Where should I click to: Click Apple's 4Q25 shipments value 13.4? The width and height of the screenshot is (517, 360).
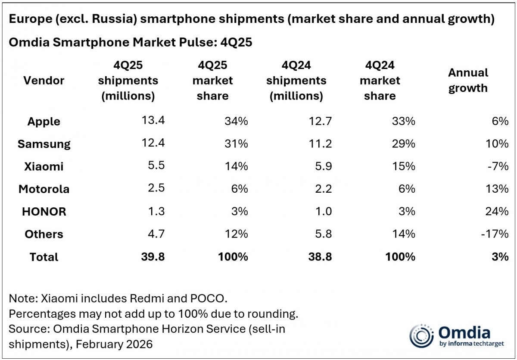coord(153,121)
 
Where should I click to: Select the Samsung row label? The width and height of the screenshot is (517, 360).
coord(44,144)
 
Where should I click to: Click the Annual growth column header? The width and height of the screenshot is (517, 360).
coord(468,80)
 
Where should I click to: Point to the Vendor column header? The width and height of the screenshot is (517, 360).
coord(44,80)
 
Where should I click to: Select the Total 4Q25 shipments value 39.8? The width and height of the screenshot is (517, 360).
coord(153,257)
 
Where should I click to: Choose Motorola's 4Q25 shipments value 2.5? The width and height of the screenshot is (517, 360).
coord(156,189)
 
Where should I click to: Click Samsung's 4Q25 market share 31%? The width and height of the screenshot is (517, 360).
coord(236,144)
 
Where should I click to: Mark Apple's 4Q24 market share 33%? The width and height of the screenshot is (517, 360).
coord(403,121)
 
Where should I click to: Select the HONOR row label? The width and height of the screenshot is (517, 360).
coord(44,212)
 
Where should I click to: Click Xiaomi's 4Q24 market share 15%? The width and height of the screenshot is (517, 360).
coord(403,166)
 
